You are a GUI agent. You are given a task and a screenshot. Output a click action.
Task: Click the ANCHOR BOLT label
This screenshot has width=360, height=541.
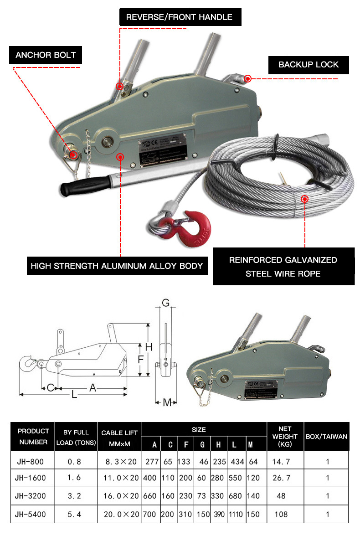[46, 55]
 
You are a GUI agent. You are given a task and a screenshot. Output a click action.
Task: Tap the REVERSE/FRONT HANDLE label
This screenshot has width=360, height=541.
[179, 17]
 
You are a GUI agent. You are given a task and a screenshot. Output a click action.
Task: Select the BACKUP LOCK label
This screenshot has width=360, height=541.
[309, 65]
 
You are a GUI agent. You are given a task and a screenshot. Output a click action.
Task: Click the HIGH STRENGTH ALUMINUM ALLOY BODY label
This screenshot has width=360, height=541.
[116, 266]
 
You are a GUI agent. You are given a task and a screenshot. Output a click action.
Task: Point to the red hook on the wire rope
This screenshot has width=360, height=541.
[194, 227]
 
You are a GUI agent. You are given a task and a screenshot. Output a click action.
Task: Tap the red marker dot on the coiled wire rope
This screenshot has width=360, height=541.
[305, 198]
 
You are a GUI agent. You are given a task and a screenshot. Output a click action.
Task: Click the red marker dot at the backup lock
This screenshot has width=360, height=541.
[247, 78]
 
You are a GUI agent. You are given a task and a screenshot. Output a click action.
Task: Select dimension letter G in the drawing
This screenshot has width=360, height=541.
[165, 303]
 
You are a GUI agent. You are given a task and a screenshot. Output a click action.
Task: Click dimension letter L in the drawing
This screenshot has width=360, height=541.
[74, 395]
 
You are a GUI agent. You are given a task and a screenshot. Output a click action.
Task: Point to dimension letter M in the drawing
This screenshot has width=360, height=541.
[167, 402]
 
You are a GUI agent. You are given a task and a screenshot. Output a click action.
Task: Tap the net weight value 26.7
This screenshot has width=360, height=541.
[281, 478]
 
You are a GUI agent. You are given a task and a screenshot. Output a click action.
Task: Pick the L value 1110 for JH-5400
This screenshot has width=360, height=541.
[236, 514]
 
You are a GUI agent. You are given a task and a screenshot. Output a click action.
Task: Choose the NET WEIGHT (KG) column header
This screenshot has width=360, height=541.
[285, 436]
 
